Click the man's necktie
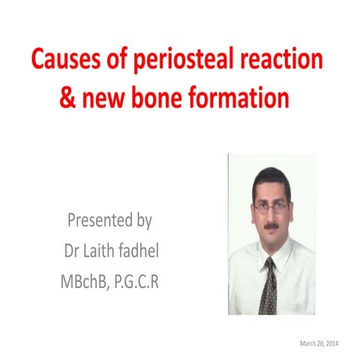coord(267,285)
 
